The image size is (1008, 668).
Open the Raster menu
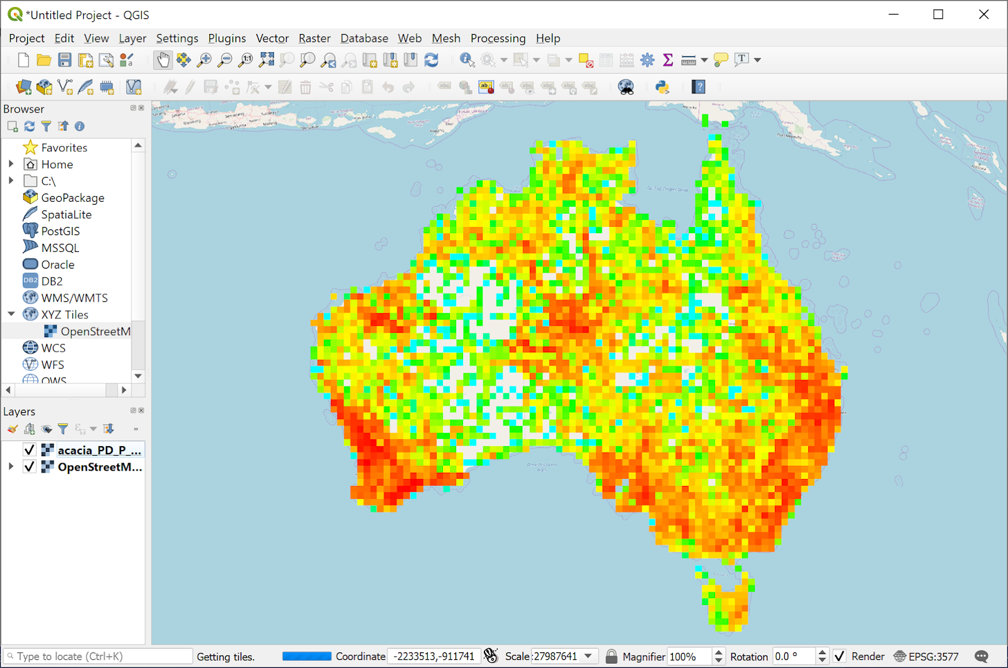(314, 38)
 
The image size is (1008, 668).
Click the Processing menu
(498, 38)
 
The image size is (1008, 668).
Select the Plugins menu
(227, 38)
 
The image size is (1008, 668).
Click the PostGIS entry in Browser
(60, 231)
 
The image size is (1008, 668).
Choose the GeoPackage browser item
(72, 198)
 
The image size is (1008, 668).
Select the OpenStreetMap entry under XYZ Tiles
(94, 331)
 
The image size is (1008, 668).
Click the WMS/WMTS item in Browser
(74, 298)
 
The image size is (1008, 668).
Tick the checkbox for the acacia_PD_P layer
(29, 450)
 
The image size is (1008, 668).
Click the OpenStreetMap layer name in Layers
(100, 467)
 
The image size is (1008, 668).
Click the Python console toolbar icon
(662, 87)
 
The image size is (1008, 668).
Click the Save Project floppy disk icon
(65, 60)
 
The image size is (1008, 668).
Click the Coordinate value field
(433, 657)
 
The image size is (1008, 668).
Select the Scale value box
(556, 657)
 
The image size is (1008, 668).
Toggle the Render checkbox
(840, 657)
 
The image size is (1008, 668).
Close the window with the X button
(983, 14)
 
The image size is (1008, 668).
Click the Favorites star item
(64, 147)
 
